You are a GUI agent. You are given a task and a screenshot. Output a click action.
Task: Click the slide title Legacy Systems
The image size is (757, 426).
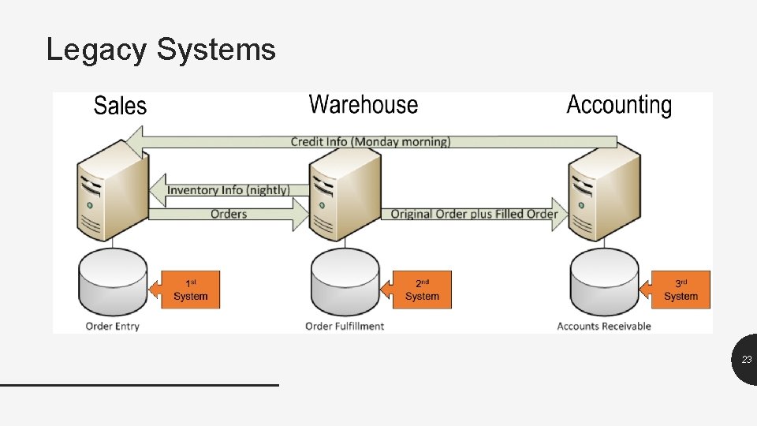161,49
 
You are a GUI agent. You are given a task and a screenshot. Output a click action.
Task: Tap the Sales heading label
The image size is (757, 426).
120,106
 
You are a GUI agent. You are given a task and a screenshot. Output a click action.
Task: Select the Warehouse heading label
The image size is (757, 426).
363,104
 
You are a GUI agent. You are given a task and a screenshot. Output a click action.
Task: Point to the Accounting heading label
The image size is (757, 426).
619,105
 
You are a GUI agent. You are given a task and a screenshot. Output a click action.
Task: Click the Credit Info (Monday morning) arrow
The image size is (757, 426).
371,141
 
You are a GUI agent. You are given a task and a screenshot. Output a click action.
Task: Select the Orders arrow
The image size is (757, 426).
229,214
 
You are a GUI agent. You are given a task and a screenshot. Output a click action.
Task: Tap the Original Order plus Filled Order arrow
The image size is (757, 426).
473,214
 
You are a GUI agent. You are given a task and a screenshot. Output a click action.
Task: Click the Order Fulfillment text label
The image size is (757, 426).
345,326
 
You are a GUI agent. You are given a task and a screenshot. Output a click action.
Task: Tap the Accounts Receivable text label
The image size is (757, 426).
604,326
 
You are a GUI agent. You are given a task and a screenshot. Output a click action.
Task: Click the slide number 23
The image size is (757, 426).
746,360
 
